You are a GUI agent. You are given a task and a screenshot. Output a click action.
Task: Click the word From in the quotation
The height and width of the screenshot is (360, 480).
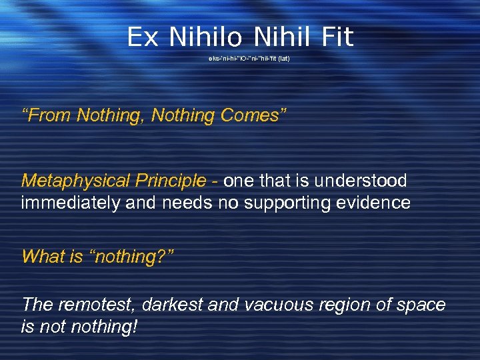pyautogui.click(x=49, y=115)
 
